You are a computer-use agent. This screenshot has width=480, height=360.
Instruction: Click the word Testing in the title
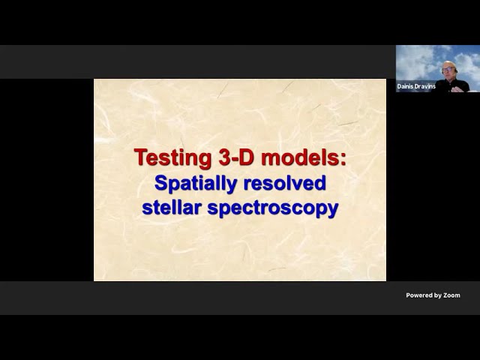pos(172,158)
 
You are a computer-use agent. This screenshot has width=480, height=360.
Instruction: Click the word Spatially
pos(196,184)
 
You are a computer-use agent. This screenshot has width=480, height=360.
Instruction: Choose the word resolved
pos(284,183)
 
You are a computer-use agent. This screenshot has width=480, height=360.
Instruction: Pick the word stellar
pos(172,207)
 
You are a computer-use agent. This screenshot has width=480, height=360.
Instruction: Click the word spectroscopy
pos(273,208)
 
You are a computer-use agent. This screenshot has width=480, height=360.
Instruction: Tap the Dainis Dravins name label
pos(416,87)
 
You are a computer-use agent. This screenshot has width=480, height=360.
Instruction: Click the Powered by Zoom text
pos(433,295)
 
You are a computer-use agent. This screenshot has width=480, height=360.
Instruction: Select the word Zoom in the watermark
pos(451,295)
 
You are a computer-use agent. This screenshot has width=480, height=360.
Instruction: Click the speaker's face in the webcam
pos(447,70)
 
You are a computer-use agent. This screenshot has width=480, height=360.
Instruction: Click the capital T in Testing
pos(141,157)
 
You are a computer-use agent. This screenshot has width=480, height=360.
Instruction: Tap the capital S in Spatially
pos(161,183)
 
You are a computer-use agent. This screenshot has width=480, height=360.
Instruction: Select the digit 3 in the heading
pos(224,157)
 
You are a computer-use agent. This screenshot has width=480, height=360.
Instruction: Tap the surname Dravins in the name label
pos(424,87)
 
